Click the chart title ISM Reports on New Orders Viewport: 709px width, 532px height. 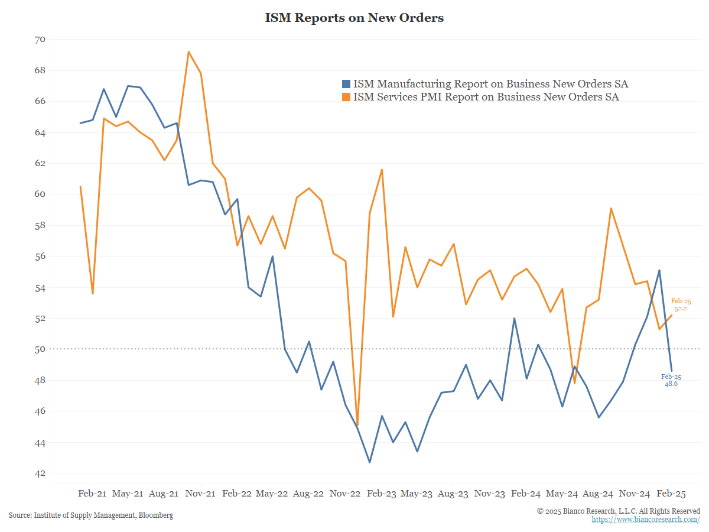tap(354, 18)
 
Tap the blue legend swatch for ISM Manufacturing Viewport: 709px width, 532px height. tap(346, 84)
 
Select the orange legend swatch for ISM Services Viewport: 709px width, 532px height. tap(346, 98)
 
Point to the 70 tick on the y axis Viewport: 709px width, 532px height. tap(40, 40)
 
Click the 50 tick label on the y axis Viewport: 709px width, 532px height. tap(40, 349)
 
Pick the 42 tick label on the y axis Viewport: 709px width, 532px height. tap(40, 473)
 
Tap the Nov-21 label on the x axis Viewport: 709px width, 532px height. tap(200, 494)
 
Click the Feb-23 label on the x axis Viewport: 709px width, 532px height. tap(382, 494)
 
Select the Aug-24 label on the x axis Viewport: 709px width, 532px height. tap(598, 494)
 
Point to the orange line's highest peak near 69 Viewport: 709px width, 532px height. tap(188, 52)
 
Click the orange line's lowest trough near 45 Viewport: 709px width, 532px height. tap(357, 424)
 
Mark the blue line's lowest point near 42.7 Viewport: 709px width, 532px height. tap(370, 462)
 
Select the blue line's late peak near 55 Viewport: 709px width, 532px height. tap(659, 271)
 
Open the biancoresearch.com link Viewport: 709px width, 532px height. tap(646, 520)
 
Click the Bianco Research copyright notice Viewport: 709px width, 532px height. tap(619, 511)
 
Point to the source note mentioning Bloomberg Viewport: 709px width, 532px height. tap(91, 515)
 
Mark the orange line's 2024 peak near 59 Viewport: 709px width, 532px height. tap(611, 208)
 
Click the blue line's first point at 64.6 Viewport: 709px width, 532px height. tap(80, 123)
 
